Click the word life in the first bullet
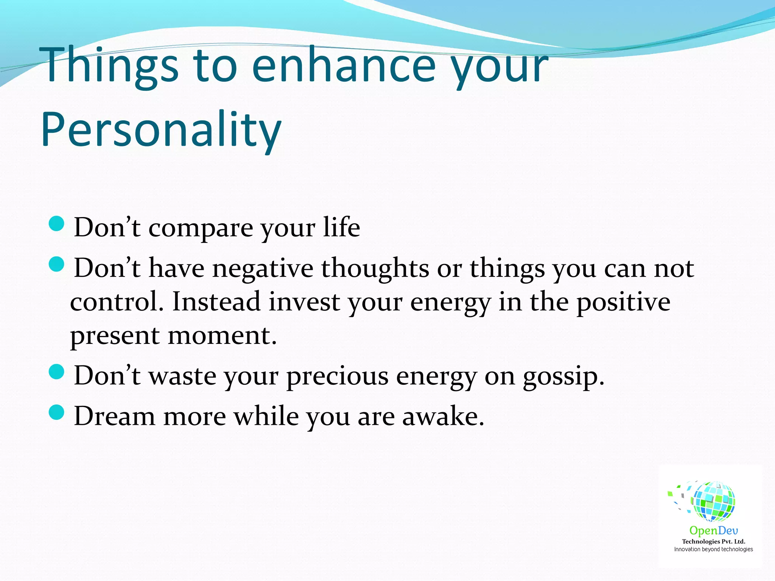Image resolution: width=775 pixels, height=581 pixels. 341,227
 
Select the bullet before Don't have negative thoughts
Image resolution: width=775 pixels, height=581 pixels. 57,264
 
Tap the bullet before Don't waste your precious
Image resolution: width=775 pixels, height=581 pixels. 57,372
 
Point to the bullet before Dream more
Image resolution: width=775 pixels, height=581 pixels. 57,412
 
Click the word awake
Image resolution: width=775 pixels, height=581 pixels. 443,416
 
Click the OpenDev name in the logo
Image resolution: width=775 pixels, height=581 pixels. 713,531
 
